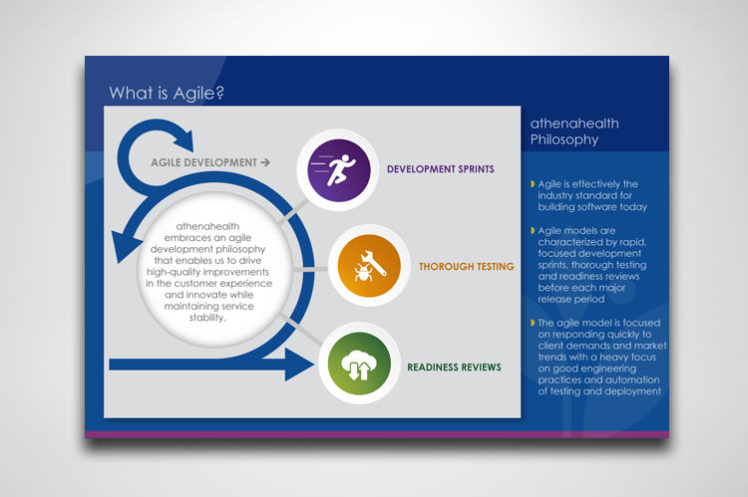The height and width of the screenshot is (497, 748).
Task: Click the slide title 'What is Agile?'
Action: point(167,93)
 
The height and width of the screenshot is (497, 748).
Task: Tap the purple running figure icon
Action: point(339,170)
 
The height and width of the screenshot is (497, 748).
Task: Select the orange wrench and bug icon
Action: point(369,265)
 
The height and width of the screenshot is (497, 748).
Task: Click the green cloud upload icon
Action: point(359,364)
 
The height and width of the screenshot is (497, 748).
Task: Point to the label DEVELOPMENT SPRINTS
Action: point(440,169)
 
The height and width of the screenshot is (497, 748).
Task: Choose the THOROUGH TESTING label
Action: point(467,266)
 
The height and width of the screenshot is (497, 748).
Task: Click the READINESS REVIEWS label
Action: point(454,367)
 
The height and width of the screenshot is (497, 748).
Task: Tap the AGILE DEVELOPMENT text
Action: point(203,162)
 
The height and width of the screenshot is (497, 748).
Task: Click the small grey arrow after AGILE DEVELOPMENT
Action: point(265,162)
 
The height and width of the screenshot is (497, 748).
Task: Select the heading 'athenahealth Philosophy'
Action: point(574,131)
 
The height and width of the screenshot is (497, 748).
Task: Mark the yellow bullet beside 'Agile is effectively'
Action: point(533,184)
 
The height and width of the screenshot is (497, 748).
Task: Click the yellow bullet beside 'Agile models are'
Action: point(533,231)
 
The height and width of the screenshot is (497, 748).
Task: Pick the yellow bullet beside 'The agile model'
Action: point(533,323)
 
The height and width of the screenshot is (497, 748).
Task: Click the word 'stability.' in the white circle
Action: point(207,318)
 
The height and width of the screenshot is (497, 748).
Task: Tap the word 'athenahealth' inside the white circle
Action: point(208,226)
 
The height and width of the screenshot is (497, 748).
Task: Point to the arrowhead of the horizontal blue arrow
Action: point(299,365)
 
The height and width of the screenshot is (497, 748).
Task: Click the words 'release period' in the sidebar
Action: point(571,299)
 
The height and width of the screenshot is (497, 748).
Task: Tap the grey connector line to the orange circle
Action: point(310,270)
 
